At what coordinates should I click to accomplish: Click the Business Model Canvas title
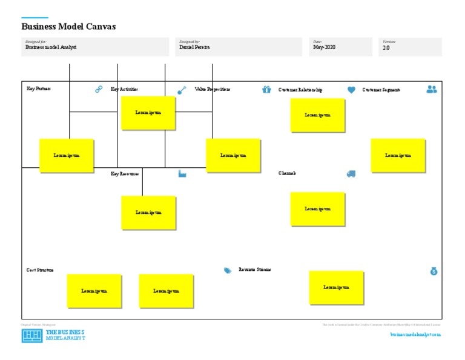click(x=68, y=27)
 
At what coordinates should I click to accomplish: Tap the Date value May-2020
click(x=324, y=47)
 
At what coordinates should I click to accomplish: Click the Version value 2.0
click(x=387, y=47)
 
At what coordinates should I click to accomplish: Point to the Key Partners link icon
click(x=99, y=89)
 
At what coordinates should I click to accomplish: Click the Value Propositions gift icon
click(x=266, y=90)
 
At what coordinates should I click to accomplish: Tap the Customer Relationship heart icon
click(x=351, y=90)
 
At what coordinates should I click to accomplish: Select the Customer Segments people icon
click(x=431, y=89)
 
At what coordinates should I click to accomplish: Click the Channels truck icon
click(x=351, y=174)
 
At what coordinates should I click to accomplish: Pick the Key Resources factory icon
click(x=182, y=174)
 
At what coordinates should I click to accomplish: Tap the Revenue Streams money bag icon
click(x=434, y=271)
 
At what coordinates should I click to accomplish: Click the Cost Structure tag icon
click(x=228, y=270)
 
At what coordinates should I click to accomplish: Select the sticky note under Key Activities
click(x=148, y=113)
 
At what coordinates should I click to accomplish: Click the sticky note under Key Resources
click(x=148, y=213)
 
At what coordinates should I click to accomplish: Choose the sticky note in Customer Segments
click(x=398, y=156)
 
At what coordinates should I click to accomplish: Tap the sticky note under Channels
click(x=318, y=209)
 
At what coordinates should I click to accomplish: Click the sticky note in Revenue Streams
click(x=337, y=287)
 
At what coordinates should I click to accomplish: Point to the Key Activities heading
click(x=124, y=89)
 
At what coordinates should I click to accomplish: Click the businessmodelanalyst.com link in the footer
click(x=415, y=334)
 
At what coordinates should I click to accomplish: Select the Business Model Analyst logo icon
click(x=32, y=336)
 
